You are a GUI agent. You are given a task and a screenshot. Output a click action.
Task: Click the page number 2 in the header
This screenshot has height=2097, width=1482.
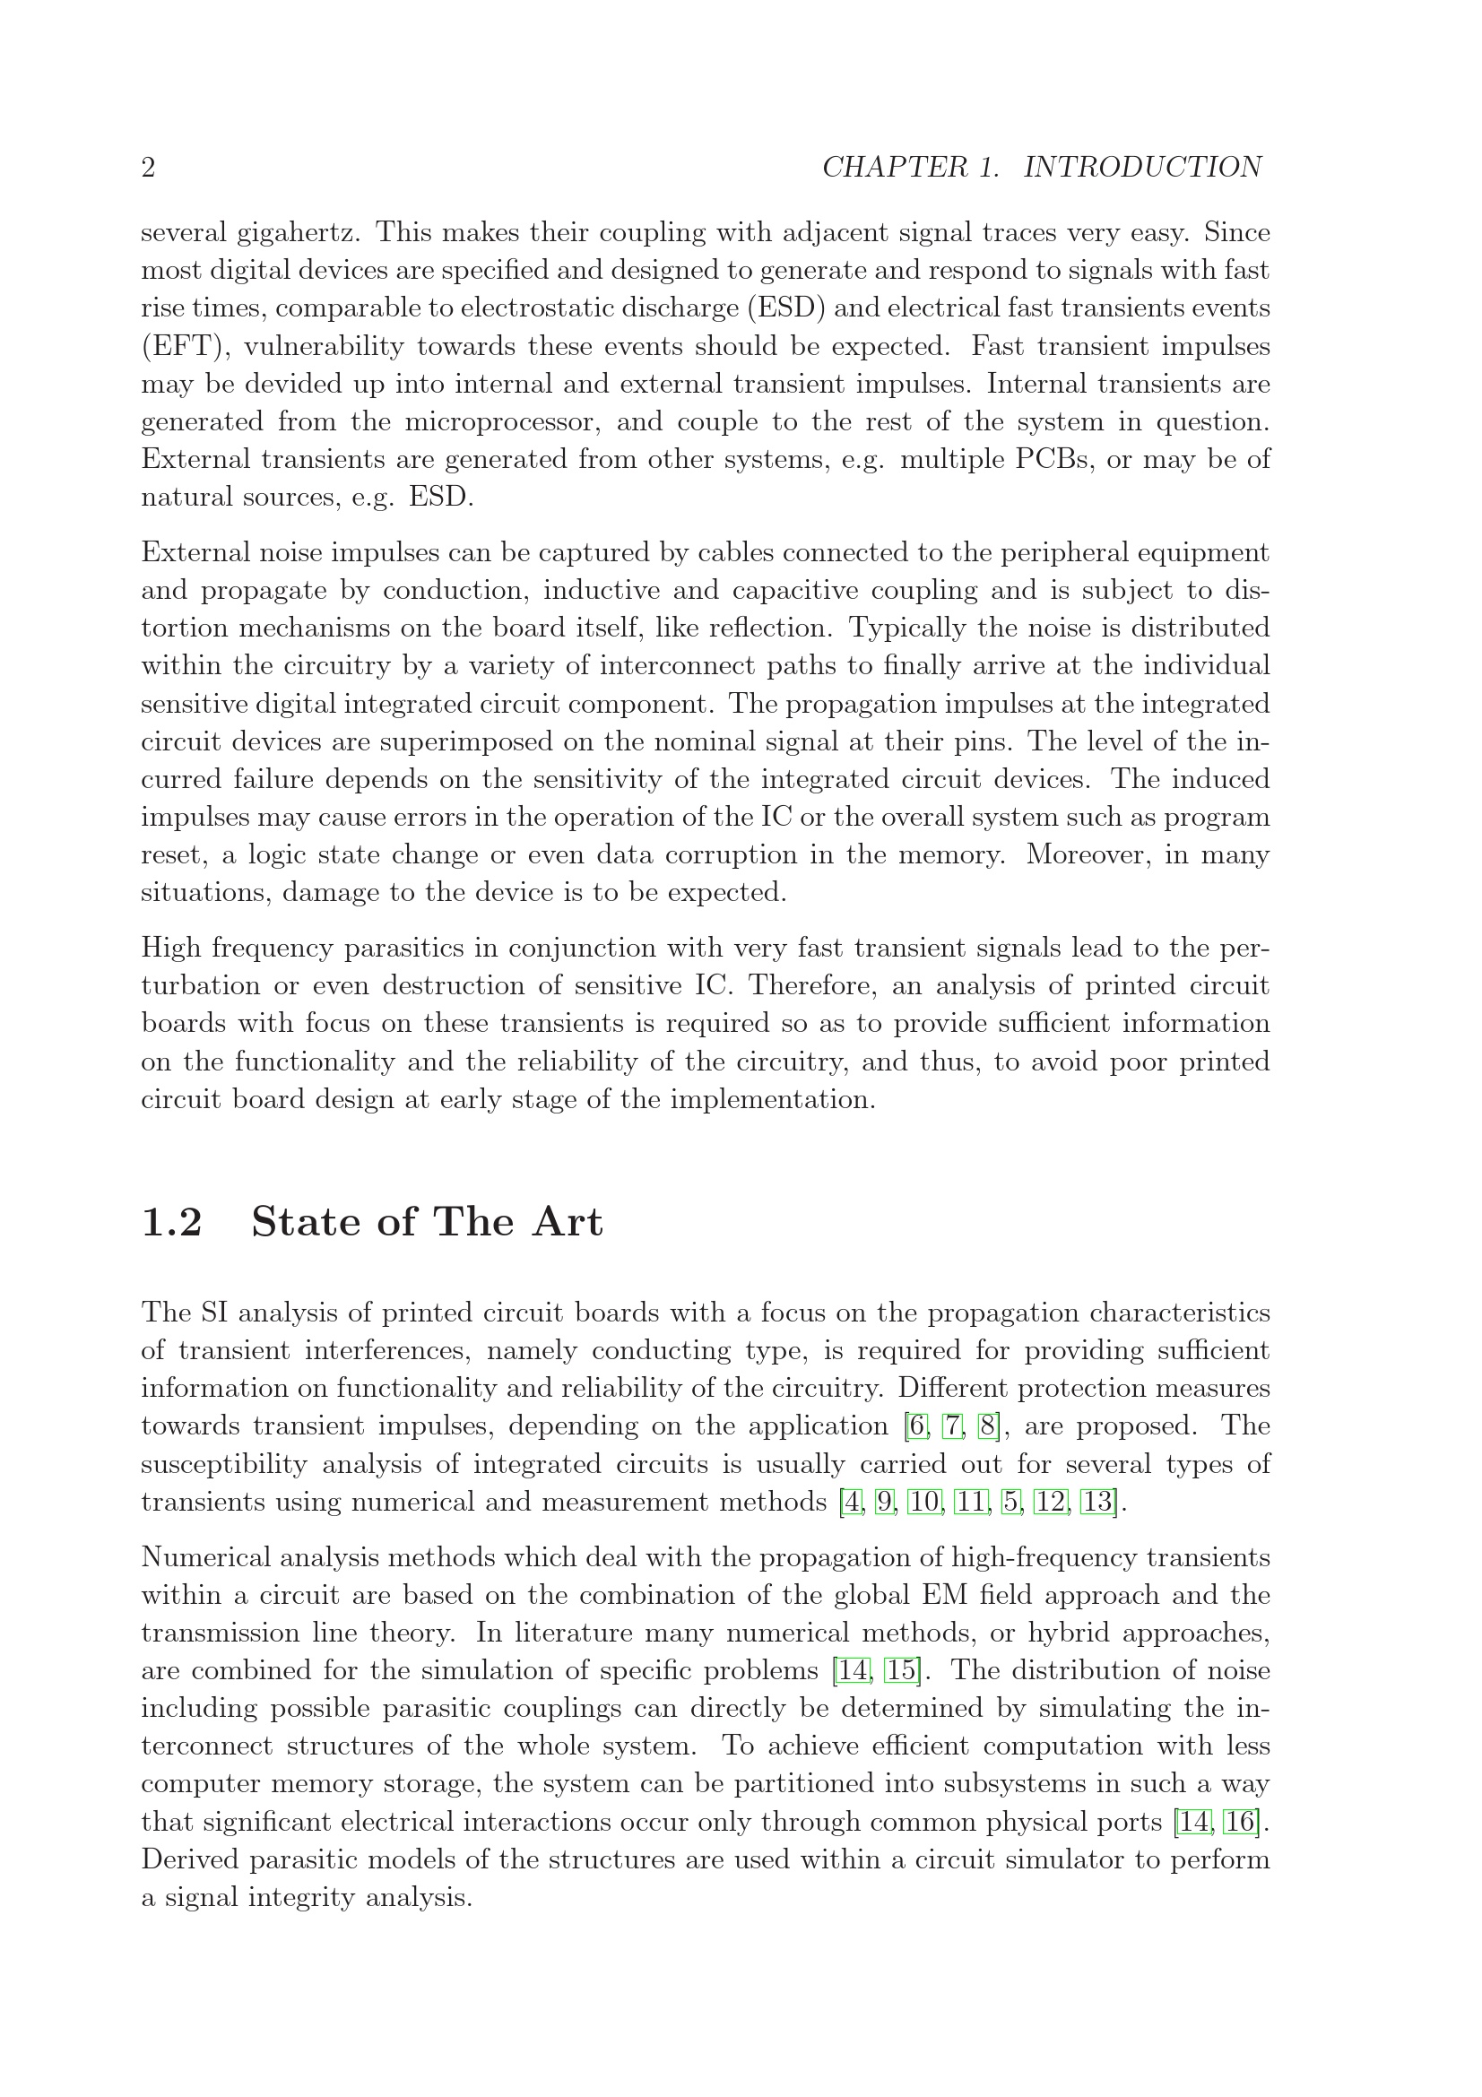coord(148,168)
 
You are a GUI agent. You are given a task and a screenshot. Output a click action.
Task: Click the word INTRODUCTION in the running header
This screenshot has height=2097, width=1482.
coord(1142,168)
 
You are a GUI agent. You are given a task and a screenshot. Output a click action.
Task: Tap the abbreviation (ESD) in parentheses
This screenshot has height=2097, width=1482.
coord(786,308)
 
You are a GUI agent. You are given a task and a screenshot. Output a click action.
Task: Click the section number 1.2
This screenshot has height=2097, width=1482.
coord(171,1222)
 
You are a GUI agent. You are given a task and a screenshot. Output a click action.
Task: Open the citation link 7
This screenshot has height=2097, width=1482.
coord(952,1425)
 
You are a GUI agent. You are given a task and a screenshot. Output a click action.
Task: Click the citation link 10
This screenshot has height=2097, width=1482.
coord(924,1502)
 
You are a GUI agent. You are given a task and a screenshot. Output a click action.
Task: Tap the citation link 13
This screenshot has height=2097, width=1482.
coord(1097,1502)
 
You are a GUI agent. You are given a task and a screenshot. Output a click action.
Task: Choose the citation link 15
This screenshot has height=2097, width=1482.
coord(901,1670)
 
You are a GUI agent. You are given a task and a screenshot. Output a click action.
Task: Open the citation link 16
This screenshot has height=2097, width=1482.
coord(1240,1822)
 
